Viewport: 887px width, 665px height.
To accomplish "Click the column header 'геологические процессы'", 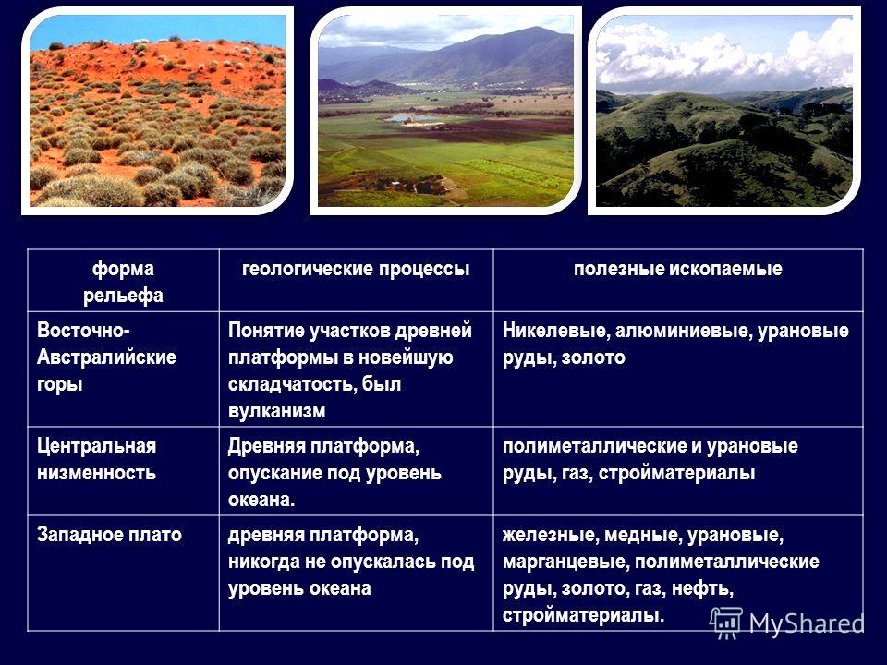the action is point(356,269).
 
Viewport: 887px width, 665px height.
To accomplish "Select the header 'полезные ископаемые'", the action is point(677,269).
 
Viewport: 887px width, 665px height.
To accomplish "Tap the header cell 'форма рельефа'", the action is point(123,282).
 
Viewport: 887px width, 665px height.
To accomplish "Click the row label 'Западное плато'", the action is point(109,535).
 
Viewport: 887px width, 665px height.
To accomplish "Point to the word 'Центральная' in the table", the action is point(96,446).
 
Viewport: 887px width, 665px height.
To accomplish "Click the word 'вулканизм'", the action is point(276,410).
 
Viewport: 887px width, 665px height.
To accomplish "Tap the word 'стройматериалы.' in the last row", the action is point(583,615).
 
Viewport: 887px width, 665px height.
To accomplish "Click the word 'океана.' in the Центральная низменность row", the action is point(261,500).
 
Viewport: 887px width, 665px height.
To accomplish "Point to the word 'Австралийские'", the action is point(106,357).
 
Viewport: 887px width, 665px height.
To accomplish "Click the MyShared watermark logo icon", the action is point(726,623).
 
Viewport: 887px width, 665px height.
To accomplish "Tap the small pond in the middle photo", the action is point(413,119).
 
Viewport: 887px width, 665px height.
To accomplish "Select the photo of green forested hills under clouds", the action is point(724,111).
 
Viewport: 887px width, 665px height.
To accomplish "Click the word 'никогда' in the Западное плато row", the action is point(264,562).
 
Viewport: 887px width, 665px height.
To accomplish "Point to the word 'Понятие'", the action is point(265,331).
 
